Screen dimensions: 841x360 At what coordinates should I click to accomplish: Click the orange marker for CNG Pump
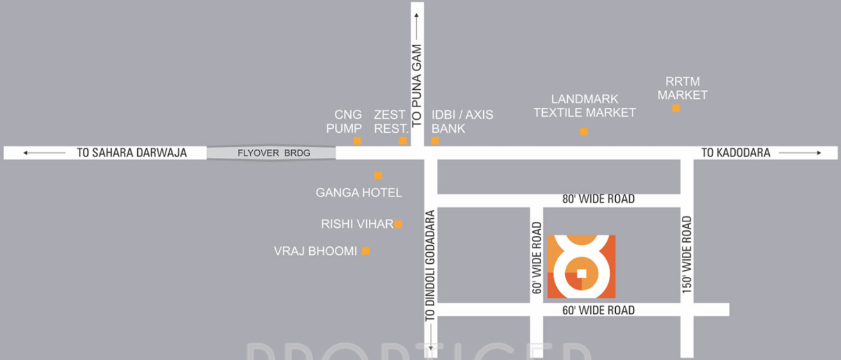click(x=357, y=141)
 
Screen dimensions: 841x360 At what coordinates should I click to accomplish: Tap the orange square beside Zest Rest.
click(x=403, y=141)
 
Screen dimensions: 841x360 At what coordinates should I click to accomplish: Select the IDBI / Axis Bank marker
click(x=435, y=141)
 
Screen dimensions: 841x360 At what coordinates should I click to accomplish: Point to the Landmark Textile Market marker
click(x=584, y=132)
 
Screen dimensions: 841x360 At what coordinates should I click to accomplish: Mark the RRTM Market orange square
click(x=675, y=108)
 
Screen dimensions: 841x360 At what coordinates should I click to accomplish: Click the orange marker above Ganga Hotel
click(x=378, y=175)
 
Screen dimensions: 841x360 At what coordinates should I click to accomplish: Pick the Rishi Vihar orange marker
click(x=398, y=224)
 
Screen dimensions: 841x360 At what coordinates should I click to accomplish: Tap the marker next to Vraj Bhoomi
click(x=366, y=251)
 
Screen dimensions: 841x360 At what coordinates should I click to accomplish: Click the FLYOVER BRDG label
click(x=273, y=153)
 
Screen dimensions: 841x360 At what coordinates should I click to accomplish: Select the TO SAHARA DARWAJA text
click(x=131, y=153)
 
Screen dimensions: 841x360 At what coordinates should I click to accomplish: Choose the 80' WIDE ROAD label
click(x=598, y=199)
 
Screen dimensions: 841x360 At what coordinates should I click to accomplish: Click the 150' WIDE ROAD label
click(x=687, y=255)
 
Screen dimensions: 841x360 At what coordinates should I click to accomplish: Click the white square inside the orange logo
click(x=581, y=273)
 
